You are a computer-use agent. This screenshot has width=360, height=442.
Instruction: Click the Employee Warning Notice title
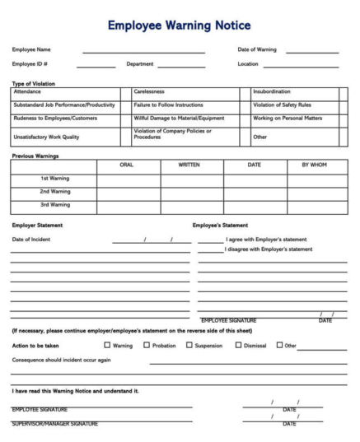tap(180, 26)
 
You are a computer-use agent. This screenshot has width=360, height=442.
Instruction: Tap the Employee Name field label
tap(30, 49)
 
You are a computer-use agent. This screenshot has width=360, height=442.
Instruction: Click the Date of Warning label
tap(257, 49)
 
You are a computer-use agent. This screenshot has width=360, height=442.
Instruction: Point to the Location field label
tap(248, 63)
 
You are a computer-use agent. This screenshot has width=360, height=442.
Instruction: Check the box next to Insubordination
tap(344, 92)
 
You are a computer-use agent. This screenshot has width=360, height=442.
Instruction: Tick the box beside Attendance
tap(125, 92)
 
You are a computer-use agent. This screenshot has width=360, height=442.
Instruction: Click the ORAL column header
tap(127, 165)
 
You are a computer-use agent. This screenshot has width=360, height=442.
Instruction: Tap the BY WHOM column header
tap(314, 165)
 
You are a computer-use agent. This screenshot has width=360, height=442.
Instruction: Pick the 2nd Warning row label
tap(54, 191)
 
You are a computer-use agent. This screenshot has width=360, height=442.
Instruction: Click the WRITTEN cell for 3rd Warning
tap(189, 205)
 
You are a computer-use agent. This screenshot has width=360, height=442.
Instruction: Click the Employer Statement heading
tap(37, 225)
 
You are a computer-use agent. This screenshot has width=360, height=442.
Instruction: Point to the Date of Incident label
tap(31, 239)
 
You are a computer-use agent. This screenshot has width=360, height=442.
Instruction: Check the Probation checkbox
tap(147, 346)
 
